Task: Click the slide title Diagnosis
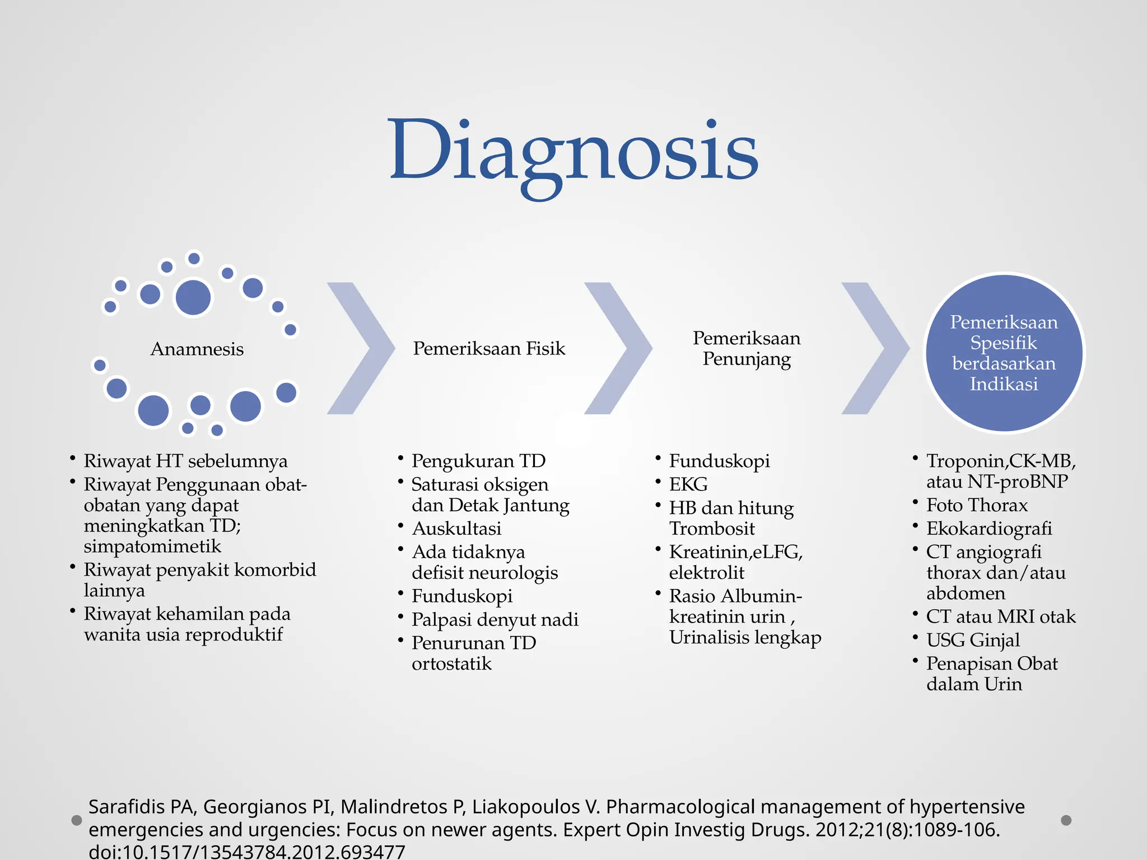(573, 151)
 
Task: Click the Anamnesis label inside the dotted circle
(197, 349)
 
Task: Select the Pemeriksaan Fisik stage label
(489, 349)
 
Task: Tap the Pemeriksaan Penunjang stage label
(747, 348)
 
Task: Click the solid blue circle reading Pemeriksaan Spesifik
(1004, 353)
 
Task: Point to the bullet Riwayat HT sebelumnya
(185, 461)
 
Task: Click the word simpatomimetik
(152, 546)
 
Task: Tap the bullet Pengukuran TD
(478, 461)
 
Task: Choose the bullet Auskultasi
(456, 529)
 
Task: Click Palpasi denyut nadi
(495, 620)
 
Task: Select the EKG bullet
(688, 484)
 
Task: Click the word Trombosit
(712, 529)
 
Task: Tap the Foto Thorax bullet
(977, 506)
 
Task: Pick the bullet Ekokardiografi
(989, 529)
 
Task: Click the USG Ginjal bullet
(973, 640)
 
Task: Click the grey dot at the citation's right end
(1066, 820)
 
